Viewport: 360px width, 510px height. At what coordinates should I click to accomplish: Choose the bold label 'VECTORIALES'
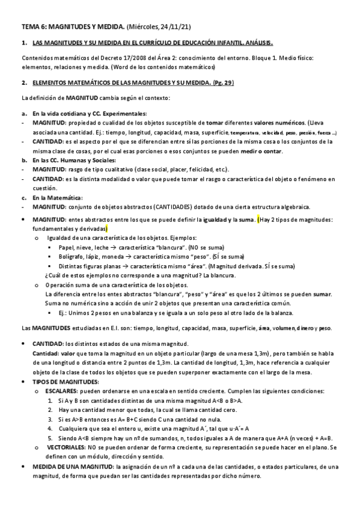pyautogui.click(x=67, y=447)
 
